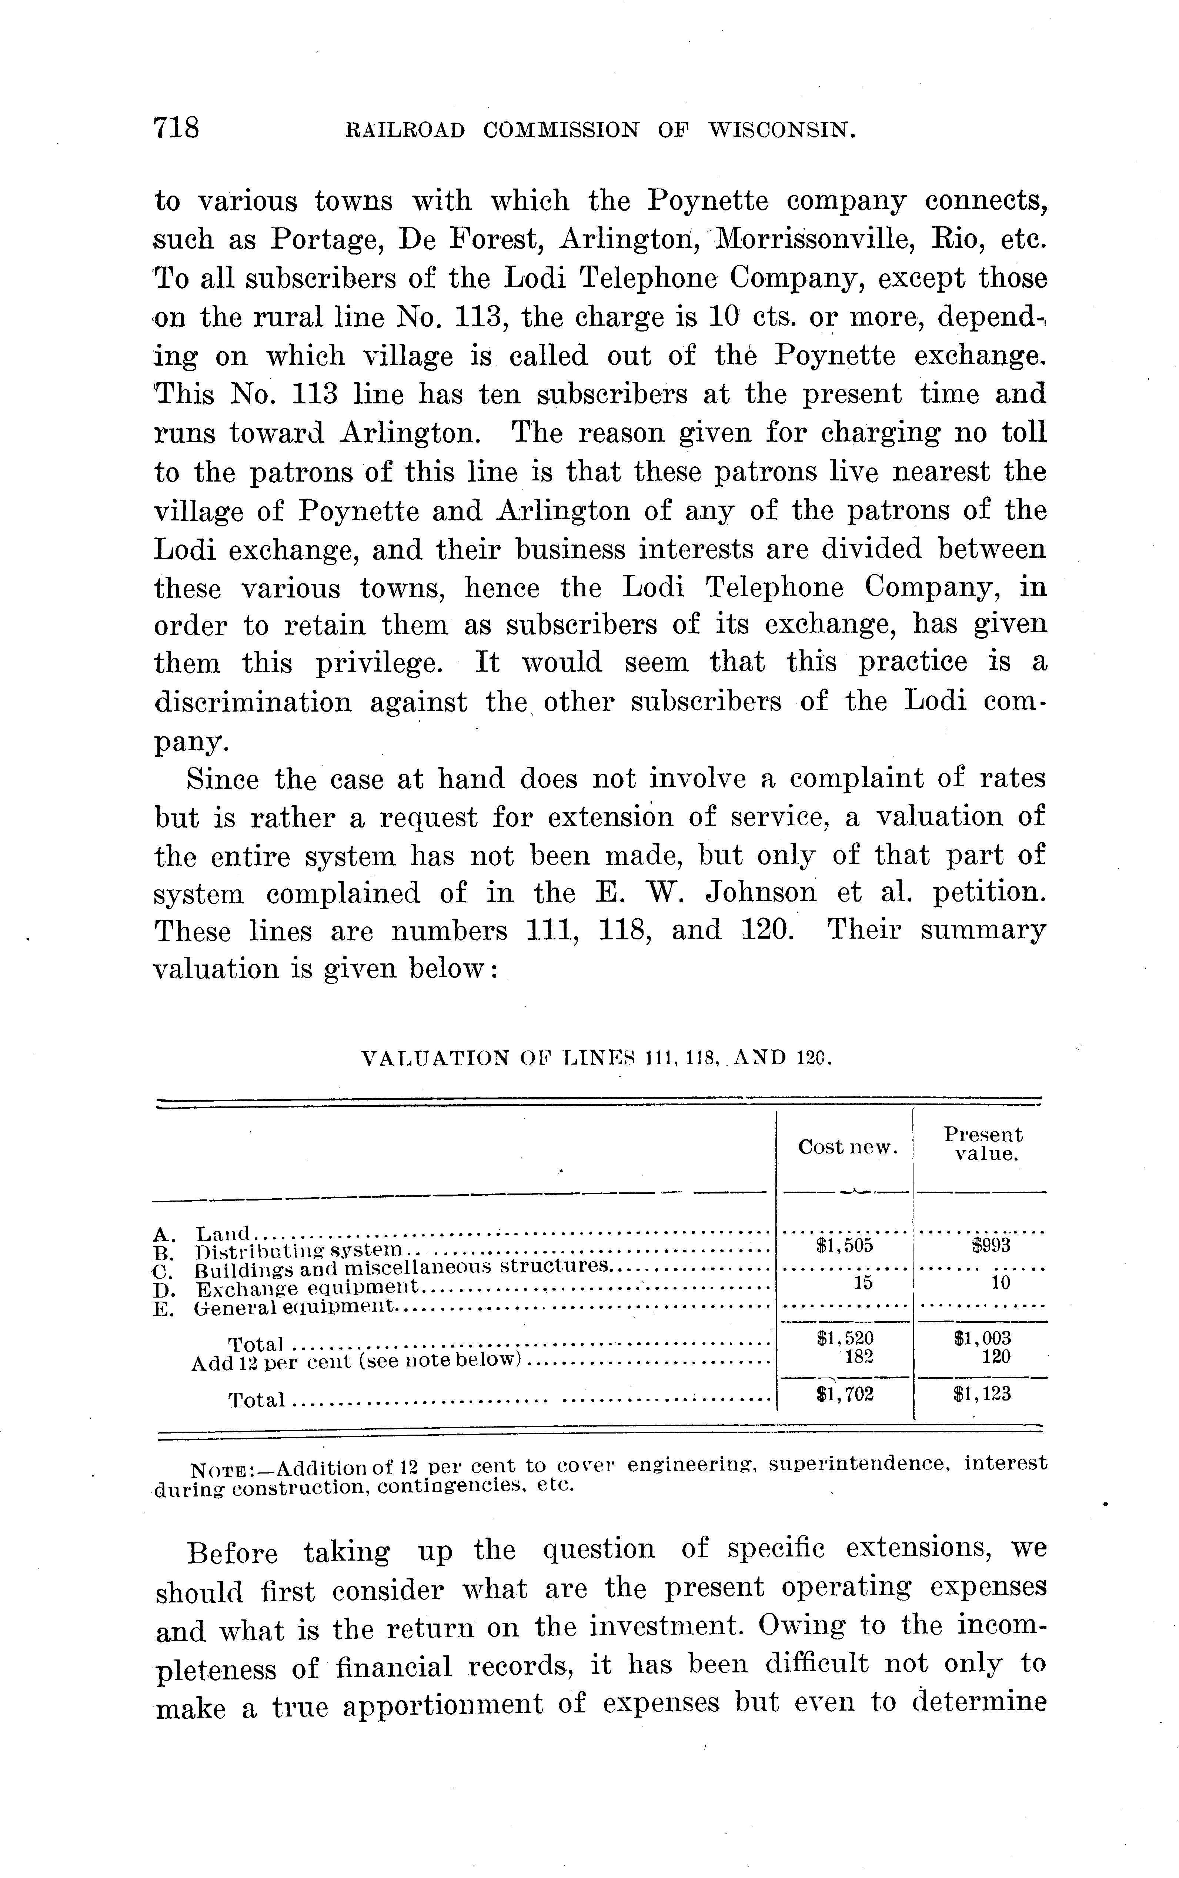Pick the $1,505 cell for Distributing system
click(845, 1245)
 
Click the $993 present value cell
click(990, 1245)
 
